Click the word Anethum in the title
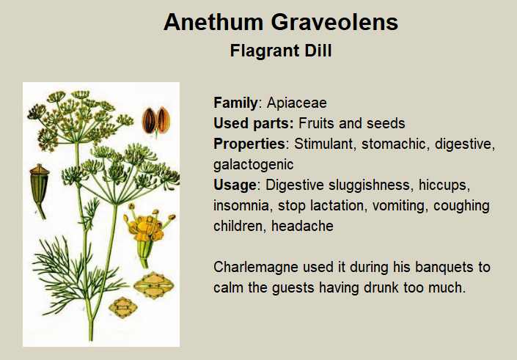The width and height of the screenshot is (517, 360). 213,22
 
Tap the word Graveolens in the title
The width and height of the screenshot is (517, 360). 334,22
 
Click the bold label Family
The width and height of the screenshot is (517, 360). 235,103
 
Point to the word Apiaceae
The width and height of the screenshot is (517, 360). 297,103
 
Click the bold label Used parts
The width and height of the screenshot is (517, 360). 253,123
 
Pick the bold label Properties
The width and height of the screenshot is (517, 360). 249,144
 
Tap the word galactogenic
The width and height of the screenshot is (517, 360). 253,164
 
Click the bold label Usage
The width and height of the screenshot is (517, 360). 235,185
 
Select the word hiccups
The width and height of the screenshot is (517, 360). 444,185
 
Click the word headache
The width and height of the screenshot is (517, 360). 302,226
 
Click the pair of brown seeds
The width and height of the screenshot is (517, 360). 156,121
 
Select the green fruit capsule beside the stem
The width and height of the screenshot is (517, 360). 40,190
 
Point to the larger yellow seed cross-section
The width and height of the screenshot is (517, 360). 154,285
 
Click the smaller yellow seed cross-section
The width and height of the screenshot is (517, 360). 123,308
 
